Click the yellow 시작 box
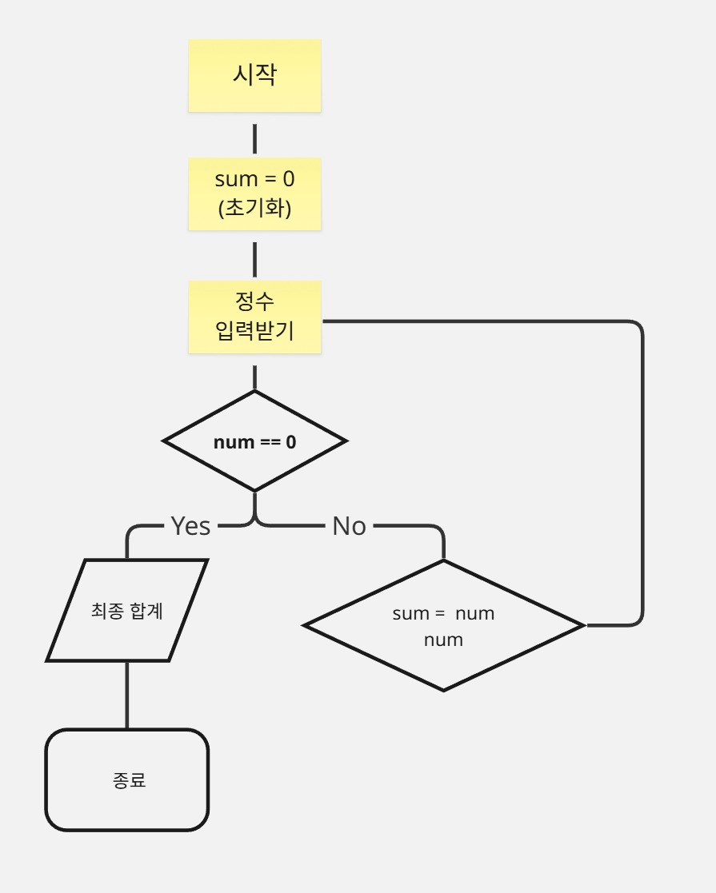tap(254, 76)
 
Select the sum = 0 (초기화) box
tap(254, 193)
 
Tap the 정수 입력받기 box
tap(254, 317)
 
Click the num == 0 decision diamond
tap(254, 441)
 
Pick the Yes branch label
tap(190, 526)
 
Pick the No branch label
tap(349, 526)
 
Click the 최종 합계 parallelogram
tap(127, 611)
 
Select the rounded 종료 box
tap(127, 780)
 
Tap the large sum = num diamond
tap(444, 625)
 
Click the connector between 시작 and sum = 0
tap(254, 138)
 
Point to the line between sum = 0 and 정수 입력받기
tap(254, 257)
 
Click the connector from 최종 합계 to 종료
tap(127, 695)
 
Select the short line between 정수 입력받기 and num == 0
tap(254, 377)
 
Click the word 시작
tap(254, 75)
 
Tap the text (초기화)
tap(254, 208)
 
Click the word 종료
tap(130, 780)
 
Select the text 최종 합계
tap(127, 611)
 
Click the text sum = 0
tap(254, 179)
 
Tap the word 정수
tap(254, 302)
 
